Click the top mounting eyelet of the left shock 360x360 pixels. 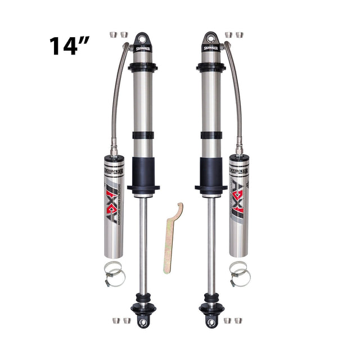[x=142, y=39]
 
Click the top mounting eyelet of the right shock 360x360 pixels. [x=211, y=39]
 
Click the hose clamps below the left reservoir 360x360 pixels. [x=114, y=274]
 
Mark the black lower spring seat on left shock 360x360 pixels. [x=143, y=187]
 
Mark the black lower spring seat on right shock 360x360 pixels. [x=211, y=187]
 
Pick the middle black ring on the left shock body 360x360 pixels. [x=142, y=135]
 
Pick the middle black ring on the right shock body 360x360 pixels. [x=211, y=135]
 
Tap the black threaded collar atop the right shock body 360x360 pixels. [x=211, y=67]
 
